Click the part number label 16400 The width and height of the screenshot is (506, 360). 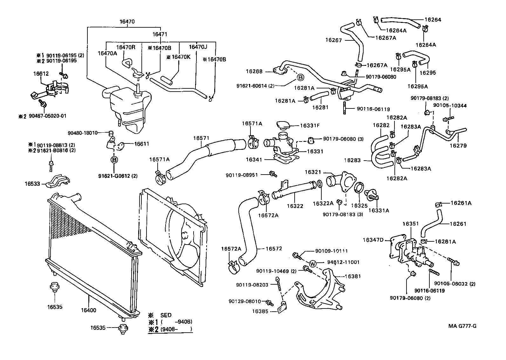[88, 310]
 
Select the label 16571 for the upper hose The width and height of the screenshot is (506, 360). [201, 138]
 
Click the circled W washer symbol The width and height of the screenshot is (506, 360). [313, 263]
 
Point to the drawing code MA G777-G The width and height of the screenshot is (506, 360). [462, 326]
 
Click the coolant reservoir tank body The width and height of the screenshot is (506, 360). [127, 105]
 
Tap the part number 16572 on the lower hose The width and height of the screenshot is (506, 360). [274, 248]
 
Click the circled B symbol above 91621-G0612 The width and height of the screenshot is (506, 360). [114, 160]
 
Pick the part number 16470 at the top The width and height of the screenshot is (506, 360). [127, 22]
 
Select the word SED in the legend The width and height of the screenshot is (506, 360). [166, 315]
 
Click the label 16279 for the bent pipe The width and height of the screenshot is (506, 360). [458, 146]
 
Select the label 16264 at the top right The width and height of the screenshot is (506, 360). [433, 19]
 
